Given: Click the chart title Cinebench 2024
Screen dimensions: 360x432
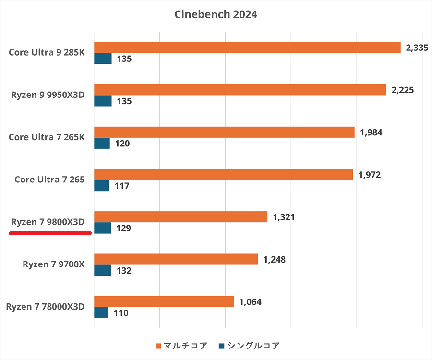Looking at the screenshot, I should click(x=216, y=14).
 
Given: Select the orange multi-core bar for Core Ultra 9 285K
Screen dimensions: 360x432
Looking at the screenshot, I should click(x=247, y=47).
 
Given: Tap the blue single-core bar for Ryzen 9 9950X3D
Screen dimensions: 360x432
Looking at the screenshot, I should click(x=103, y=101).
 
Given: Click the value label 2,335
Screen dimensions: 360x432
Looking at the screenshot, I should click(x=417, y=48).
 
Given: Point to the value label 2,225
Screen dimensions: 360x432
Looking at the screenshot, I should click(x=402, y=90).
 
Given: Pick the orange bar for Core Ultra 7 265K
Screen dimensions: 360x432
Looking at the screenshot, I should click(x=224, y=132).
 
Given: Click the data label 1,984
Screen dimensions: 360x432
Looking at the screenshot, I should click(x=371, y=132).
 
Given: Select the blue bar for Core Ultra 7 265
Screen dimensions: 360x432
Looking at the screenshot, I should click(x=102, y=185).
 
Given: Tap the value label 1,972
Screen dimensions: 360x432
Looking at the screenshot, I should click(x=369, y=175).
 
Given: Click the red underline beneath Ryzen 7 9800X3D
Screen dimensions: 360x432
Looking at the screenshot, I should click(x=50, y=233).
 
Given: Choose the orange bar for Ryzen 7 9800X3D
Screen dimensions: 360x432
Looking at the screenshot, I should click(x=180, y=217).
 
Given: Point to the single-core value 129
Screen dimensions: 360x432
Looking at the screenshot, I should click(x=123, y=228).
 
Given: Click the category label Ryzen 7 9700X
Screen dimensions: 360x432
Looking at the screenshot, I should click(x=53, y=264).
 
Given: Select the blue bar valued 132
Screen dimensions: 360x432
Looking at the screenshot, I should click(x=103, y=270).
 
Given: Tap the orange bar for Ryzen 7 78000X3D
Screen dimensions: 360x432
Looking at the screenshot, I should click(x=164, y=301).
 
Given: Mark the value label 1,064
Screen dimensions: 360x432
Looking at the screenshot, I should click(x=250, y=302).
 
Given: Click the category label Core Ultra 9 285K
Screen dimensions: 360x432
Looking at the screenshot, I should click(x=47, y=52).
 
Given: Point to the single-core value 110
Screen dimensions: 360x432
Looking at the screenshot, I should click(x=121, y=313).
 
